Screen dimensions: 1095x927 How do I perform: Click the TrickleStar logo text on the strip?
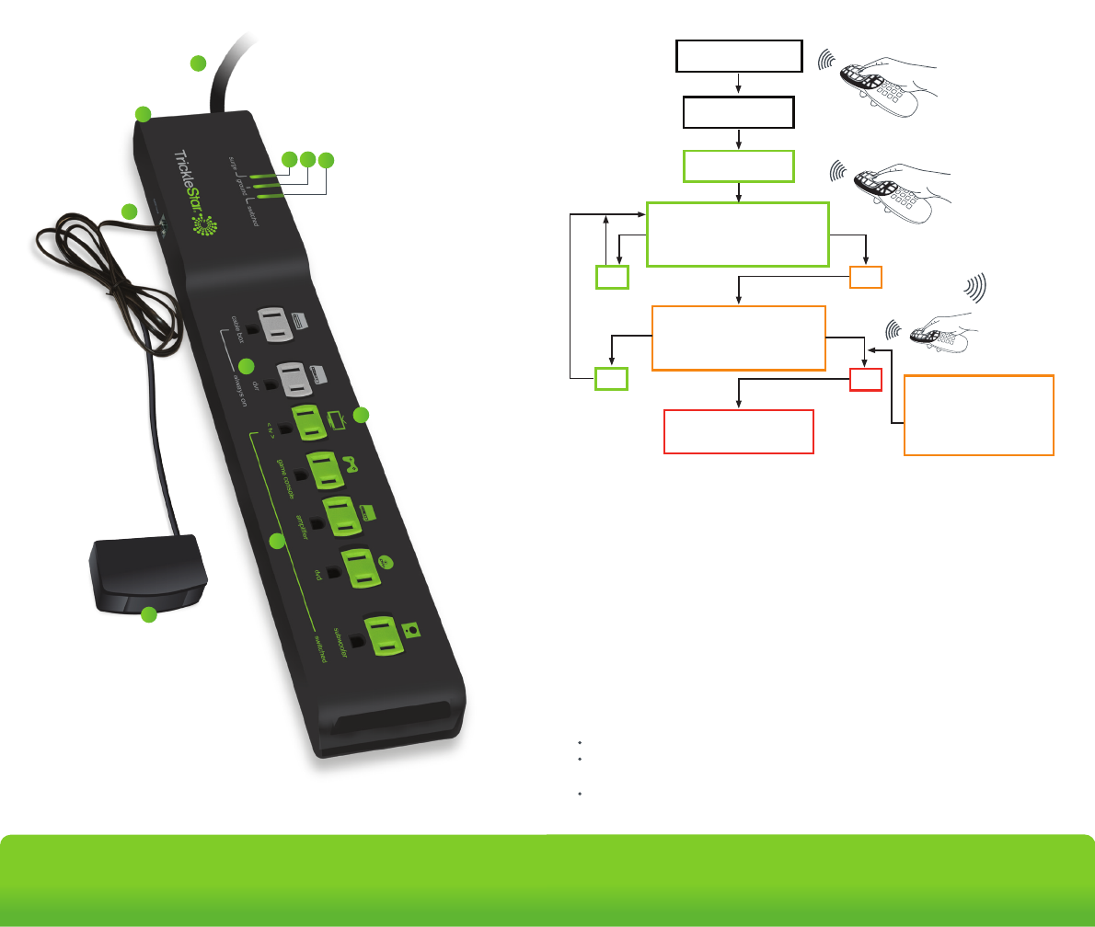(180, 184)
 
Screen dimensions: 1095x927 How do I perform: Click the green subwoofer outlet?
(387, 635)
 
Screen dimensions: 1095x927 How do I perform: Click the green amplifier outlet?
(343, 515)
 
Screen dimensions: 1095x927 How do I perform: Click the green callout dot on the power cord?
(198, 63)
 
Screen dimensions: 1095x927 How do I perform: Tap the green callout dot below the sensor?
(149, 616)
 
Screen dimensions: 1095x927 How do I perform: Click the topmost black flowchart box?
(739, 56)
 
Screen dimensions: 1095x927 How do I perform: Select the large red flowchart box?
(739, 431)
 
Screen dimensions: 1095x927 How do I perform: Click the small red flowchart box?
(866, 378)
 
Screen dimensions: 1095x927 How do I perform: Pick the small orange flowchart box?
(866, 277)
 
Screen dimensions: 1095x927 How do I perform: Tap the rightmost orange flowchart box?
(979, 415)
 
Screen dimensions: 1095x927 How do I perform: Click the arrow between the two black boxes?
(739, 84)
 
